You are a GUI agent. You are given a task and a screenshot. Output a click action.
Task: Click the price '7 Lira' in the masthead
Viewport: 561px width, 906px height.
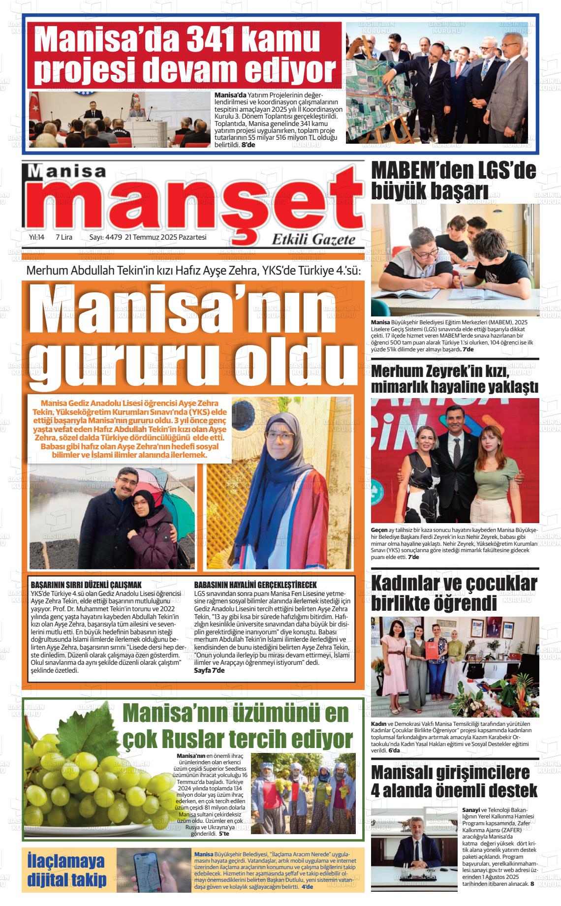[64, 237]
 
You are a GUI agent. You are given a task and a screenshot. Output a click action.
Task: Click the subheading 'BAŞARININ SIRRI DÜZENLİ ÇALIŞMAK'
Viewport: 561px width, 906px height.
[86, 585]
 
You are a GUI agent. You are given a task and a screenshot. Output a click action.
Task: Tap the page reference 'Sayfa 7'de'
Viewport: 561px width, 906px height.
[210, 670]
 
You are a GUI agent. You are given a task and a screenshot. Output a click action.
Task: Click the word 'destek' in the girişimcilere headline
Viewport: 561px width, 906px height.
[507, 791]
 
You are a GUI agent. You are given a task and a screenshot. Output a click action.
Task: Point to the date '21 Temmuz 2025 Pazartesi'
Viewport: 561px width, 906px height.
[166, 237]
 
